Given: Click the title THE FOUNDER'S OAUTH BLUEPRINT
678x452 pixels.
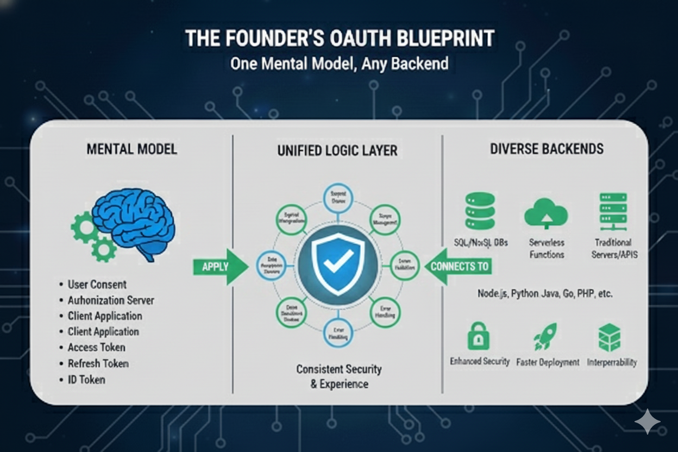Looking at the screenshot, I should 340,39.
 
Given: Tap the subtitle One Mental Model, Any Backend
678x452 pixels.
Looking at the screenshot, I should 340,64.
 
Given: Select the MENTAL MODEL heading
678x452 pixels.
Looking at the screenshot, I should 131,149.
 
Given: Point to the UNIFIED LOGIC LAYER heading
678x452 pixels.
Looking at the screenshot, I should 337,150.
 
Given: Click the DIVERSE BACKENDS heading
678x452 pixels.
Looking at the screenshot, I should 547,149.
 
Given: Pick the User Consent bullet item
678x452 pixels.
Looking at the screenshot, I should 97,284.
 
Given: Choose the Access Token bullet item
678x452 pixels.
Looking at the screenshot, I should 96,347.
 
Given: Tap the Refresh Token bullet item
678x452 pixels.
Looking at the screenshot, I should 98,363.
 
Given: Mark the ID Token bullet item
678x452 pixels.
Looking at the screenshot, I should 86,380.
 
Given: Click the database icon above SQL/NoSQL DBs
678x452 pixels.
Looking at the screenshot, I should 480,211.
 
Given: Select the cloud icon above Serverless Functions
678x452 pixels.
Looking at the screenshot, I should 546,214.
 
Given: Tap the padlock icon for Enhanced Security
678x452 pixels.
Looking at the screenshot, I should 479,336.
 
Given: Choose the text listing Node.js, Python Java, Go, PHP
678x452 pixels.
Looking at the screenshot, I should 545,293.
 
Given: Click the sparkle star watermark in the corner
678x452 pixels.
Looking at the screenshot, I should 647,422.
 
